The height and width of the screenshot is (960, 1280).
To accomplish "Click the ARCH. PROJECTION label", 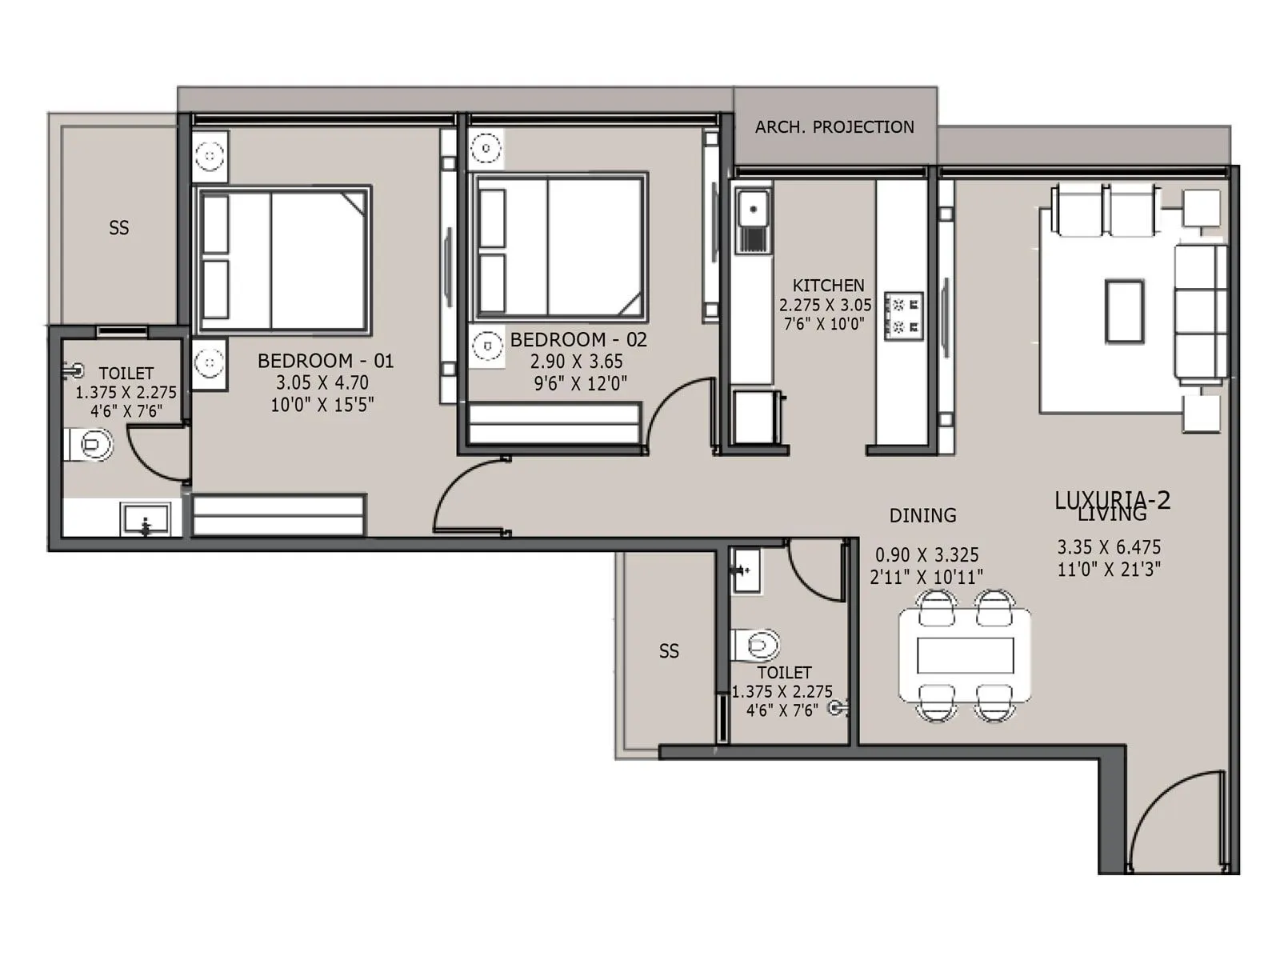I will coord(834,127).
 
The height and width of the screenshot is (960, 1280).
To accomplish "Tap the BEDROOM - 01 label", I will coord(326,361).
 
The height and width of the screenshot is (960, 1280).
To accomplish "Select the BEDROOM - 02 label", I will coord(578,340).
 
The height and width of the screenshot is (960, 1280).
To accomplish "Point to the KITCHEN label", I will coord(828,286).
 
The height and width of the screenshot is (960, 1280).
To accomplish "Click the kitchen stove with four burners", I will coord(904,315).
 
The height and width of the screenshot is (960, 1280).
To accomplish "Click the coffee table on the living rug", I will coord(1125,311).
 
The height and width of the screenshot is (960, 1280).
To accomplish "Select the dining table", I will coord(965,655).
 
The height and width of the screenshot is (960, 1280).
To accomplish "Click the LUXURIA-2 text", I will coord(1112,500).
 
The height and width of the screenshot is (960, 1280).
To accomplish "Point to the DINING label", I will coord(922,516).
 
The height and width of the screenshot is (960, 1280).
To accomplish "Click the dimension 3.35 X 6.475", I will coord(1109,548).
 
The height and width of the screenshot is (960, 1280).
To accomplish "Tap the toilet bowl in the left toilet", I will coord(90,445).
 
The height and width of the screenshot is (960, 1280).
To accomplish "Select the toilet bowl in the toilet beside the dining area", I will coord(758,644).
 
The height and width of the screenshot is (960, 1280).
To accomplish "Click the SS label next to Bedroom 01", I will coord(118,229).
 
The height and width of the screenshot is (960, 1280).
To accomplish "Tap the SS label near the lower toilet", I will coord(669,652).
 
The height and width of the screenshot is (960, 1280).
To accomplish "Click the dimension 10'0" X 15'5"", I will coord(322,405).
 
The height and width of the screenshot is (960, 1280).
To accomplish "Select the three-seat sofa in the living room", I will coord(1199,312).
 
